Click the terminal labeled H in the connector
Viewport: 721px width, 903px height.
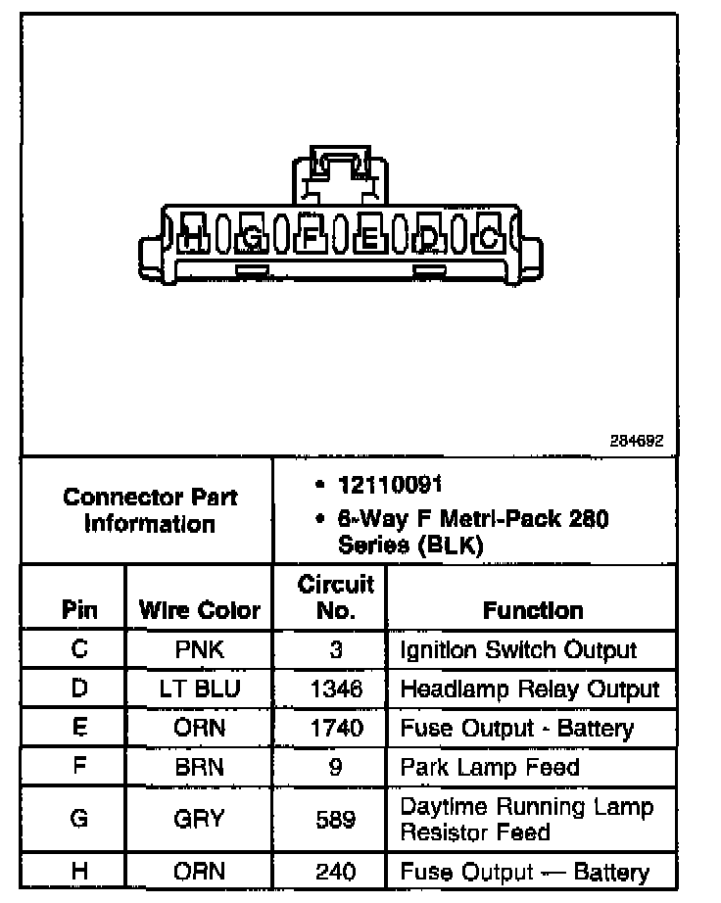tap(194, 236)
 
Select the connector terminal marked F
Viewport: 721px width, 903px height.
tap(312, 236)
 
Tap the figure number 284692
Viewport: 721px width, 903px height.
tap(637, 441)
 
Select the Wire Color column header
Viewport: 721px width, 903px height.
tap(200, 611)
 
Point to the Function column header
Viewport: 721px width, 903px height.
tap(533, 611)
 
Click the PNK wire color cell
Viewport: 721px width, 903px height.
tap(200, 649)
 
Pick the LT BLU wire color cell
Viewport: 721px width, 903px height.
tap(200, 689)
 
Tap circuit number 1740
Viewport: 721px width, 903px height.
tap(336, 728)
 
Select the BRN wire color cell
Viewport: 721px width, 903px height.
tap(200, 767)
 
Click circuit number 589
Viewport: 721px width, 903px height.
tap(336, 819)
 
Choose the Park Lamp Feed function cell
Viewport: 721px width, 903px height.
tap(490, 767)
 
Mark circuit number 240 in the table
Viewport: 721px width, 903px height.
tap(336, 872)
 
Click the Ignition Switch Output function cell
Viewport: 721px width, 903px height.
tap(518, 649)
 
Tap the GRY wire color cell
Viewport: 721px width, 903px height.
tap(200, 819)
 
